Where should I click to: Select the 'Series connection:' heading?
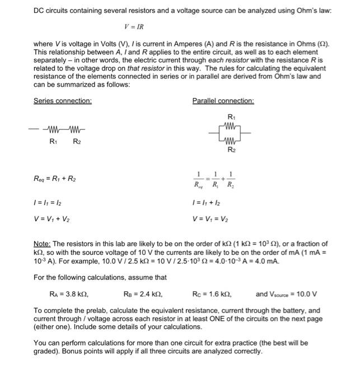[x=63, y=101]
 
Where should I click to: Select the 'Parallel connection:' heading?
[x=223, y=101]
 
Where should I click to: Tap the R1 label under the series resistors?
[x=54, y=141]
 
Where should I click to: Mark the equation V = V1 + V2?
[x=52, y=219]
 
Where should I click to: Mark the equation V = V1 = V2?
[x=210, y=219]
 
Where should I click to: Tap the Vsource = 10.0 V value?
[x=287, y=294]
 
